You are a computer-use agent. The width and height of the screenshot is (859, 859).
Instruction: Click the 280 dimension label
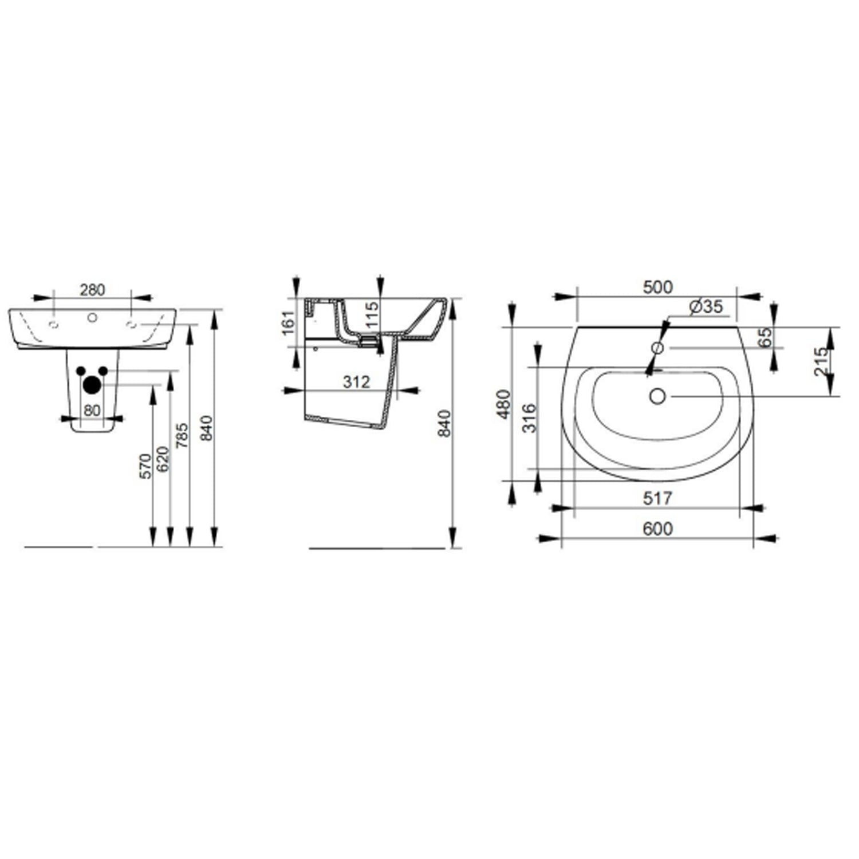point(92,290)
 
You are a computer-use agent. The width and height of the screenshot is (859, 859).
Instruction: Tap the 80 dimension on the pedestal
point(92,410)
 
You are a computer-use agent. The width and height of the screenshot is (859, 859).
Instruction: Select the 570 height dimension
point(145,466)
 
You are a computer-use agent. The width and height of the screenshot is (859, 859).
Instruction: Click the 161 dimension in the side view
point(289,322)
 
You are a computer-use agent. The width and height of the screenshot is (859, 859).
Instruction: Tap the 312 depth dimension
point(356,381)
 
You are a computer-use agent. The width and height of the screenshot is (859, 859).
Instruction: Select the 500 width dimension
point(657,287)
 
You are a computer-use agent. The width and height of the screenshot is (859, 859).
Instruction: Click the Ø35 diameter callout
point(706,307)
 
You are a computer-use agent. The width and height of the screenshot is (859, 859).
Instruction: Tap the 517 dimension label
point(657,498)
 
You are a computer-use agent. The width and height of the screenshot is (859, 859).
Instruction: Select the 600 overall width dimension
point(657,529)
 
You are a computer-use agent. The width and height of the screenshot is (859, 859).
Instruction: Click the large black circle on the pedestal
point(91,385)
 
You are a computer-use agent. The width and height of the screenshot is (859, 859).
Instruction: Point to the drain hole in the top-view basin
point(657,396)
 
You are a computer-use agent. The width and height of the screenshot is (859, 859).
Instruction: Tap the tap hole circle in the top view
point(657,348)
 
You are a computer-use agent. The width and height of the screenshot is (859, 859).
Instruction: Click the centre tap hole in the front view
point(92,317)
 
